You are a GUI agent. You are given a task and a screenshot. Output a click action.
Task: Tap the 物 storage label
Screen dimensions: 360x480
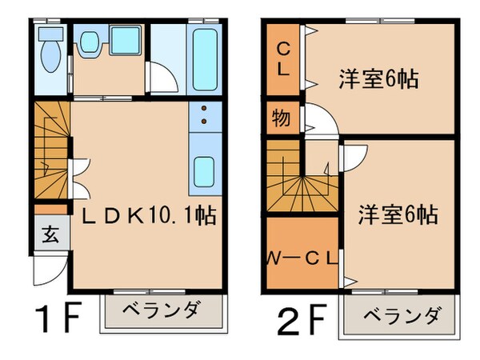pyautogui.click(x=281, y=119)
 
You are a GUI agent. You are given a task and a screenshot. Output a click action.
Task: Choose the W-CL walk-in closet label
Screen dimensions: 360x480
pyautogui.click(x=302, y=258)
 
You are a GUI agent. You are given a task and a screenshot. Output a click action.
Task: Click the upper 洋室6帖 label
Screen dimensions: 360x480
pyautogui.click(x=379, y=80)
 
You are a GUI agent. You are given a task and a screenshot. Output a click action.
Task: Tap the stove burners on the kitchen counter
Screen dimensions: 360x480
pyautogui.click(x=204, y=117)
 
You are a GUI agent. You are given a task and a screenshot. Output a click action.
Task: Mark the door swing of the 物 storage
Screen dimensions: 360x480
pyautogui.click(x=314, y=123)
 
